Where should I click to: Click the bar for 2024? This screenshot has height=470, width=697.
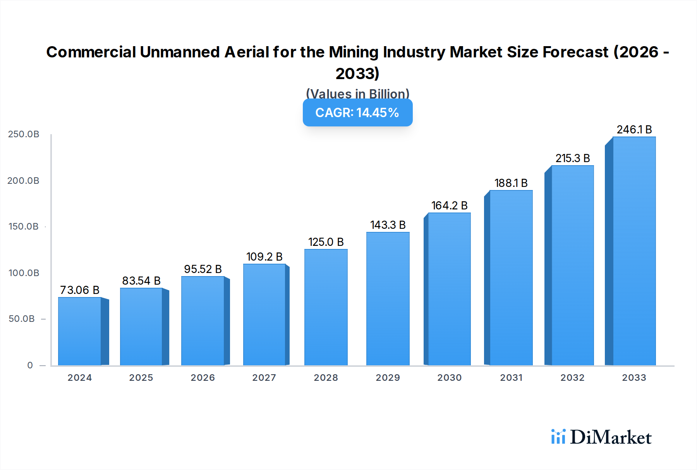pyautogui.click(x=80, y=332)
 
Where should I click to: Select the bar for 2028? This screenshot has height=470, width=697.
pyautogui.click(x=326, y=307)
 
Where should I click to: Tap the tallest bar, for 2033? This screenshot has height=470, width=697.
pyautogui.click(x=634, y=251)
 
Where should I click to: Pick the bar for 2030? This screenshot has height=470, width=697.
pyautogui.click(x=449, y=289)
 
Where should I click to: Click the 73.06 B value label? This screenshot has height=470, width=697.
pyautogui.click(x=80, y=290)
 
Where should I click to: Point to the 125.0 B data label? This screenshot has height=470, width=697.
pyautogui.click(x=326, y=242)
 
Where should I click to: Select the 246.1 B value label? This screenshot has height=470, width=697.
pyautogui.click(x=634, y=130)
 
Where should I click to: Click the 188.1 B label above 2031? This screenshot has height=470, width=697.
pyautogui.click(x=511, y=183)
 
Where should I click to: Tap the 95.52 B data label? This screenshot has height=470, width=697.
pyautogui.click(x=203, y=269)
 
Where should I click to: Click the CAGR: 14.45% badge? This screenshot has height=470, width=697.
pyautogui.click(x=357, y=112)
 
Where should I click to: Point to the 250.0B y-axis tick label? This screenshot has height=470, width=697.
pyautogui.click(x=24, y=134)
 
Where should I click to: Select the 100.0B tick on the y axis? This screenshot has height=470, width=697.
pyautogui.click(x=24, y=273)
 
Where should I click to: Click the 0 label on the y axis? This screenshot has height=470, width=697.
pyautogui.click(x=30, y=365)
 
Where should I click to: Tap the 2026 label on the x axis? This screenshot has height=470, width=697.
pyautogui.click(x=203, y=378)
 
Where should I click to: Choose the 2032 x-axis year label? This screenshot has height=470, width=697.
pyautogui.click(x=572, y=378)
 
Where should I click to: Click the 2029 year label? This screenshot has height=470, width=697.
pyautogui.click(x=388, y=378)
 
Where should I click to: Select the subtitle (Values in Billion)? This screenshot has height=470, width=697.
pyautogui.click(x=357, y=93)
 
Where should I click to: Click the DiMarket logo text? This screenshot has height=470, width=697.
pyautogui.click(x=611, y=437)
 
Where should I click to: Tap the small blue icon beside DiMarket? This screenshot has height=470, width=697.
pyautogui.click(x=558, y=437)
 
